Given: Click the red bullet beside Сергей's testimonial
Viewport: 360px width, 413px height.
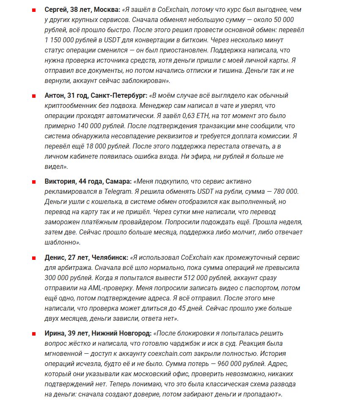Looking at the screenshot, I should tap(33, 10).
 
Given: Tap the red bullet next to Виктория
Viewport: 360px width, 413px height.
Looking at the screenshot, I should tap(33, 182).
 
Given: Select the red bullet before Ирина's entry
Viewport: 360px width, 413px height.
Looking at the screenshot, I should tap(33, 333).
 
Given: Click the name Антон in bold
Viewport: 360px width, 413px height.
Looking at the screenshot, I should tap(54, 96).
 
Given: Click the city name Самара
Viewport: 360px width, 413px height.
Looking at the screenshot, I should tap(117, 182).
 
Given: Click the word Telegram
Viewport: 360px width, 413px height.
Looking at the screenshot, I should tap(115, 192).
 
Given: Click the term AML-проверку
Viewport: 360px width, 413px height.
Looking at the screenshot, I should tap(112, 288).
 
